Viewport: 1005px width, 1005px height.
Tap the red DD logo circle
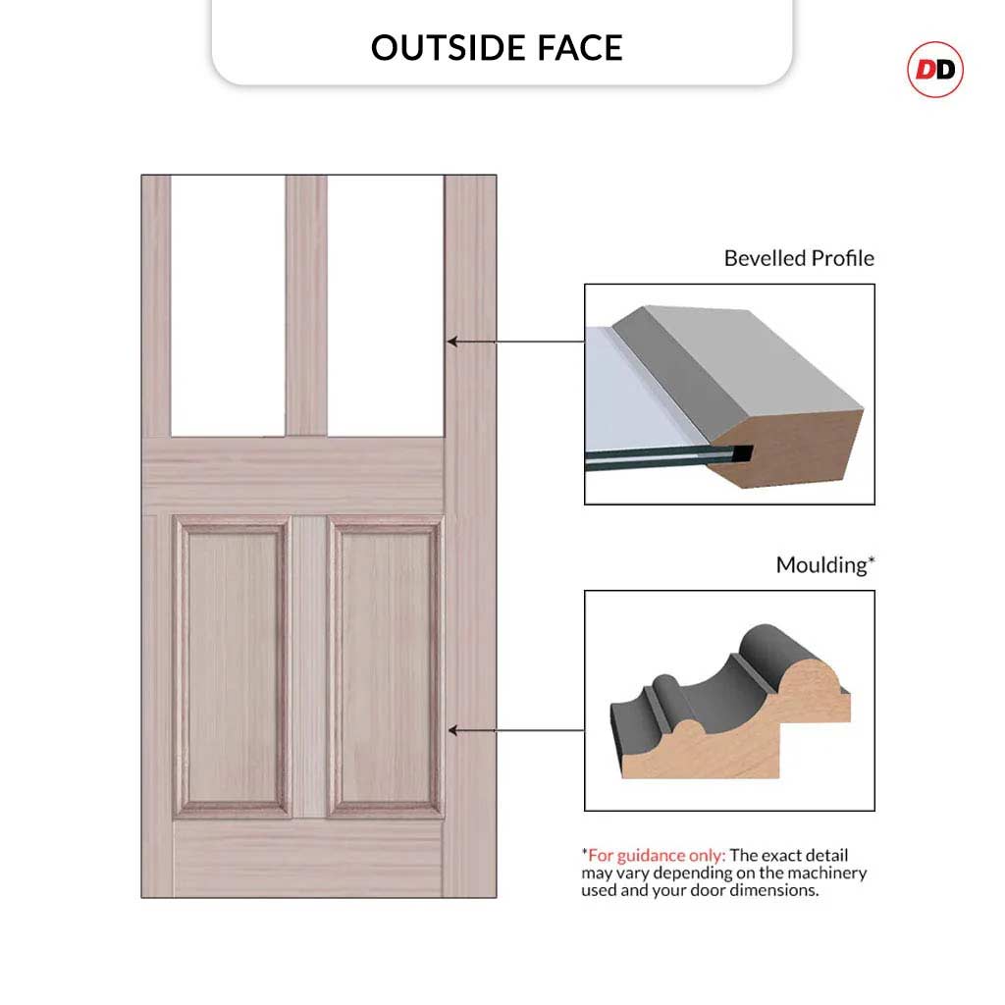click(x=934, y=70)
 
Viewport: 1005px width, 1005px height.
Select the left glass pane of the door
click(x=228, y=304)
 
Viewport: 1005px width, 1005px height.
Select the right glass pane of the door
click(x=385, y=304)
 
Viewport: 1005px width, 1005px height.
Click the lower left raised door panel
click(x=234, y=667)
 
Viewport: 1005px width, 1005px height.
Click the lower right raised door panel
click(x=385, y=667)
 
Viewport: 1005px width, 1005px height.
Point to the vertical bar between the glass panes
click(x=306, y=304)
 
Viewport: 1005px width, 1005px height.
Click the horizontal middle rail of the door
click(x=294, y=473)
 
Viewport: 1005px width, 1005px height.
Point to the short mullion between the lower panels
click(x=309, y=667)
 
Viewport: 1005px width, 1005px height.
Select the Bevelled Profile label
click(x=798, y=258)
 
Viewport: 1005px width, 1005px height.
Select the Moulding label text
click(x=823, y=565)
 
